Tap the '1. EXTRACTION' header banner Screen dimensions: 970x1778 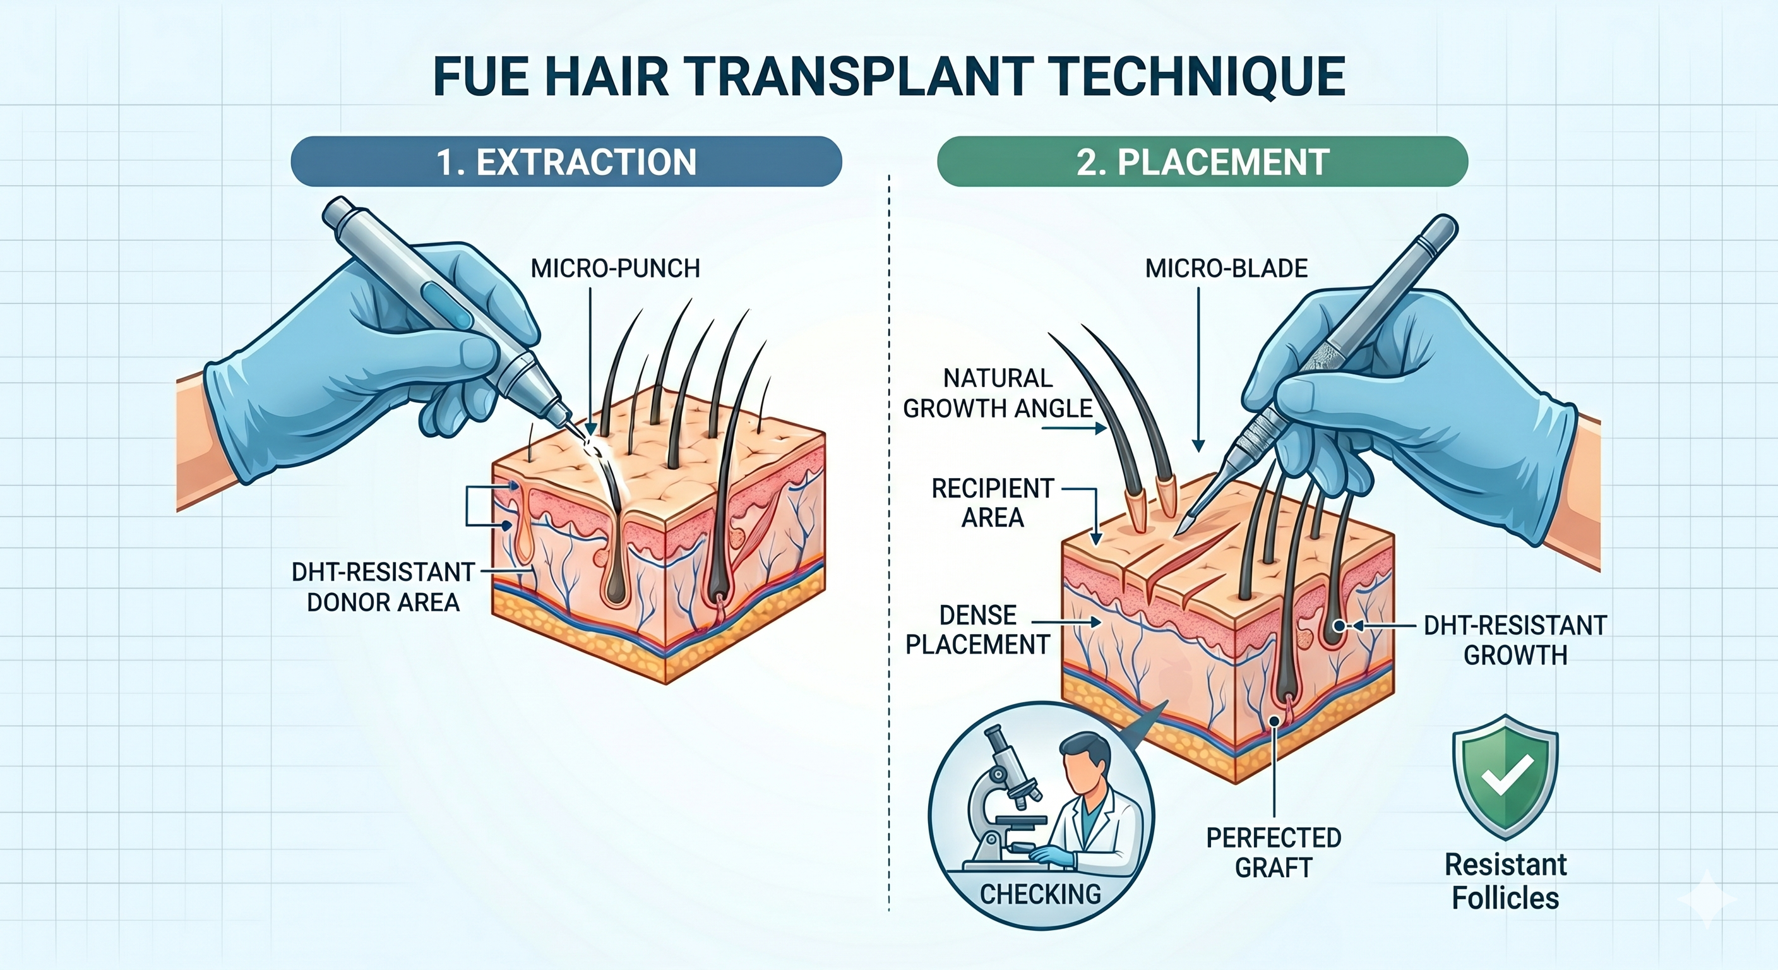tap(566, 162)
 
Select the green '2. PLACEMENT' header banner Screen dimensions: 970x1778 tap(1202, 162)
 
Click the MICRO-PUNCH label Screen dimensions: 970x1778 tap(615, 268)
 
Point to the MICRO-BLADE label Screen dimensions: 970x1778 tap(1226, 268)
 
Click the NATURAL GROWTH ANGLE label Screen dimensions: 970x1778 tap(998, 393)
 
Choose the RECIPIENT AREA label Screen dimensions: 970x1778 tap(993, 503)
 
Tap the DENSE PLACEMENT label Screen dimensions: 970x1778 tap(977, 630)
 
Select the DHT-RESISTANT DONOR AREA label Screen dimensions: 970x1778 tap(383, 587)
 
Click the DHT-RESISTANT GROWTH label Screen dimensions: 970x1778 tap(1515, 640)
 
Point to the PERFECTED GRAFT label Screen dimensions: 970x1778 tap(1274, 853)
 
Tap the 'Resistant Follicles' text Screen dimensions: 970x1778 tap(1505, 882)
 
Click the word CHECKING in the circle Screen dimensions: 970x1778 tap(1040, 895)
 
